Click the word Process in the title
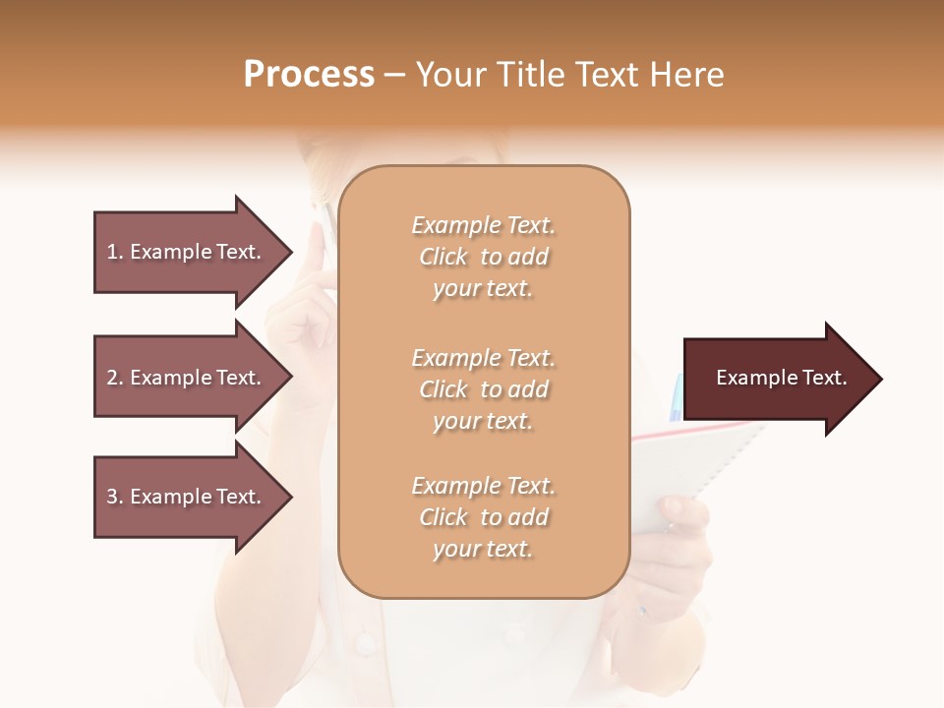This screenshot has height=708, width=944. coord(309,75)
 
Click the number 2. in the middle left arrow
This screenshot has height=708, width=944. coord(115,378)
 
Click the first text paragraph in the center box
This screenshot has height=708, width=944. coord(483,257)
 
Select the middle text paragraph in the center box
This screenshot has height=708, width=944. coord(483,389)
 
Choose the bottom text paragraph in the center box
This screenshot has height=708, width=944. coord(483,517)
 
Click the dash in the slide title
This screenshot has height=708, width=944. coord(395,75)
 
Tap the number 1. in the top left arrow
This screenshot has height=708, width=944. coord(114,252)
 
